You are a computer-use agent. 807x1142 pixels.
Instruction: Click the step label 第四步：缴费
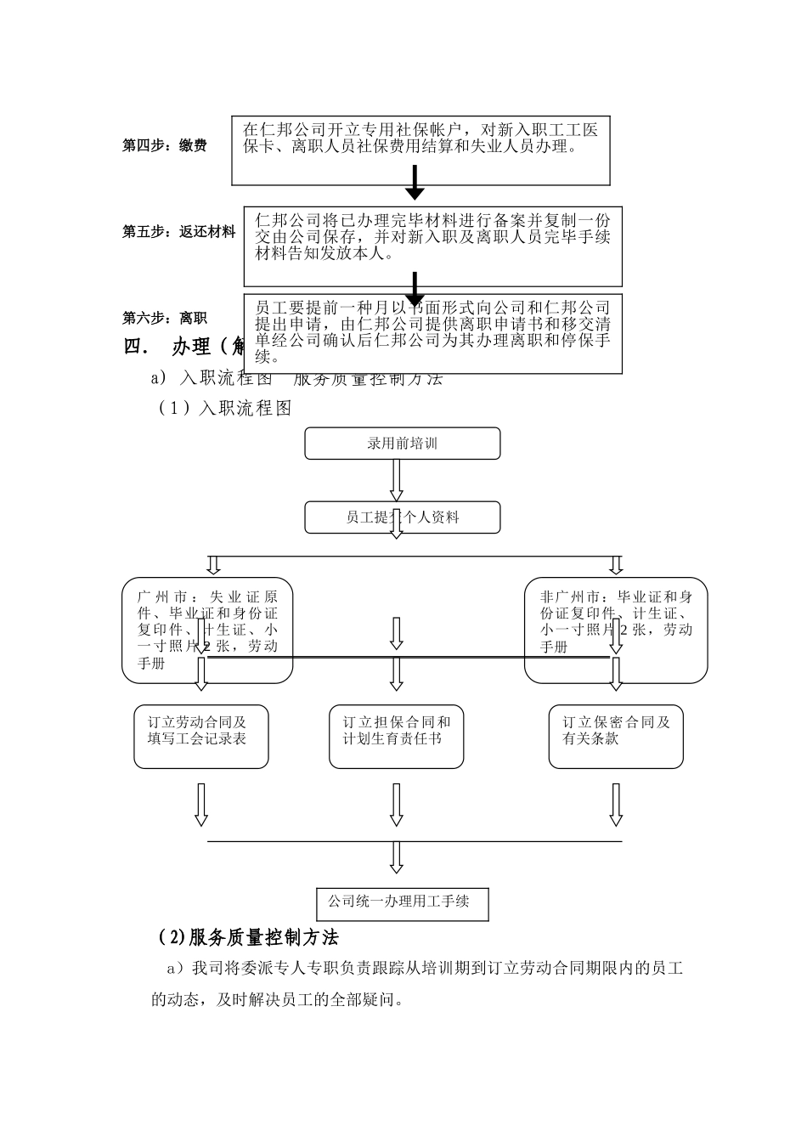(165, 146)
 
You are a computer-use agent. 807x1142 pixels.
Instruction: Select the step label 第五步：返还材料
(179, 231)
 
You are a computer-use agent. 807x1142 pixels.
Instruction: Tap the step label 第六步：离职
(165, 318)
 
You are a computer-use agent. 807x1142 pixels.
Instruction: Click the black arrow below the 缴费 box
(414, 183)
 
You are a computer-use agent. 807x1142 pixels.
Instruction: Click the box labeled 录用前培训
(402, 444)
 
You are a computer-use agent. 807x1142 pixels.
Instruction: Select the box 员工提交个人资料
(402, 517)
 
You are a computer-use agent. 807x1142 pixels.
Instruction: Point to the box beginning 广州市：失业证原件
(207, 630)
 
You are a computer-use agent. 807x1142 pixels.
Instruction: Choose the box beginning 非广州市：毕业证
(615, 630)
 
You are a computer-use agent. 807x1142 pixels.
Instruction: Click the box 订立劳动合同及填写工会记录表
(201, 736)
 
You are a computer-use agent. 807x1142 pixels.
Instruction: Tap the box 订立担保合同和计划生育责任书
(397, 736)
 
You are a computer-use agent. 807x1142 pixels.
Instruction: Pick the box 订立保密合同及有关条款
(616, 736)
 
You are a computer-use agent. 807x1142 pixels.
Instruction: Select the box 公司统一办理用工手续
(402, 903)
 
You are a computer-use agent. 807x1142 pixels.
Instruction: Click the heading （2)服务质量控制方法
(248, 937)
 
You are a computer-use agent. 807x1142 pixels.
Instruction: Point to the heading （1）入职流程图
(224, 409)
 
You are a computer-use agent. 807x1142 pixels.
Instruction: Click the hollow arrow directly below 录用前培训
(397, 480)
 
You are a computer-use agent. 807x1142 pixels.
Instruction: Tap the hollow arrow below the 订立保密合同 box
(616, 804)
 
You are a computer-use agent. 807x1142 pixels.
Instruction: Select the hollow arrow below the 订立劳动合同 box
(201, 804)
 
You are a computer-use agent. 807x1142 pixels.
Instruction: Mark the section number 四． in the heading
(136, 348)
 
